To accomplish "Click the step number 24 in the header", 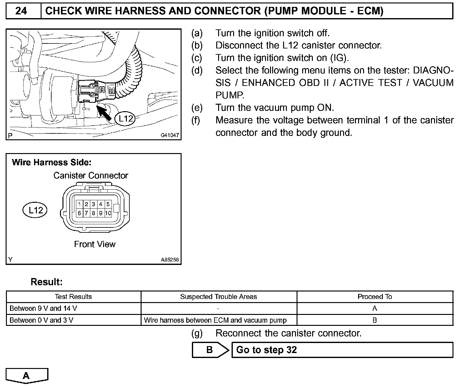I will point(21,11).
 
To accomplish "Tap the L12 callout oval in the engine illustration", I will point(126,118).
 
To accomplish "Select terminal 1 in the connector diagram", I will point(80,204).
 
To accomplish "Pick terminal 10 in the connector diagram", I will point(108,213).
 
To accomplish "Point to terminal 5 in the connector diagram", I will point(108,204).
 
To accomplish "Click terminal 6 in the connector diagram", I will point(80,213).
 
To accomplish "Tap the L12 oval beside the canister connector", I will point(35,210).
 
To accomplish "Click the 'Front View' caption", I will point(95,244).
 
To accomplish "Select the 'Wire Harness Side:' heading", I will point(52,162).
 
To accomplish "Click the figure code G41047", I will point(170,135).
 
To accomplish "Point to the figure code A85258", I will point(170,260).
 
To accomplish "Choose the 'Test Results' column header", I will point(73,297).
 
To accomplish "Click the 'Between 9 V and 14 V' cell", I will point(43,309).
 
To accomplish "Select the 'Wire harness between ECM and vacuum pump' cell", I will point(215,320).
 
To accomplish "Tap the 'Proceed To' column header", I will point(375,297).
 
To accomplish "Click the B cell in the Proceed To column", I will point(375,320).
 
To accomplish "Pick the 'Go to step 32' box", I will point(342,350).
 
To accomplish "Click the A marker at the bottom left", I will point(27,376).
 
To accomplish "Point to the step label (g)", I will point(197,333).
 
